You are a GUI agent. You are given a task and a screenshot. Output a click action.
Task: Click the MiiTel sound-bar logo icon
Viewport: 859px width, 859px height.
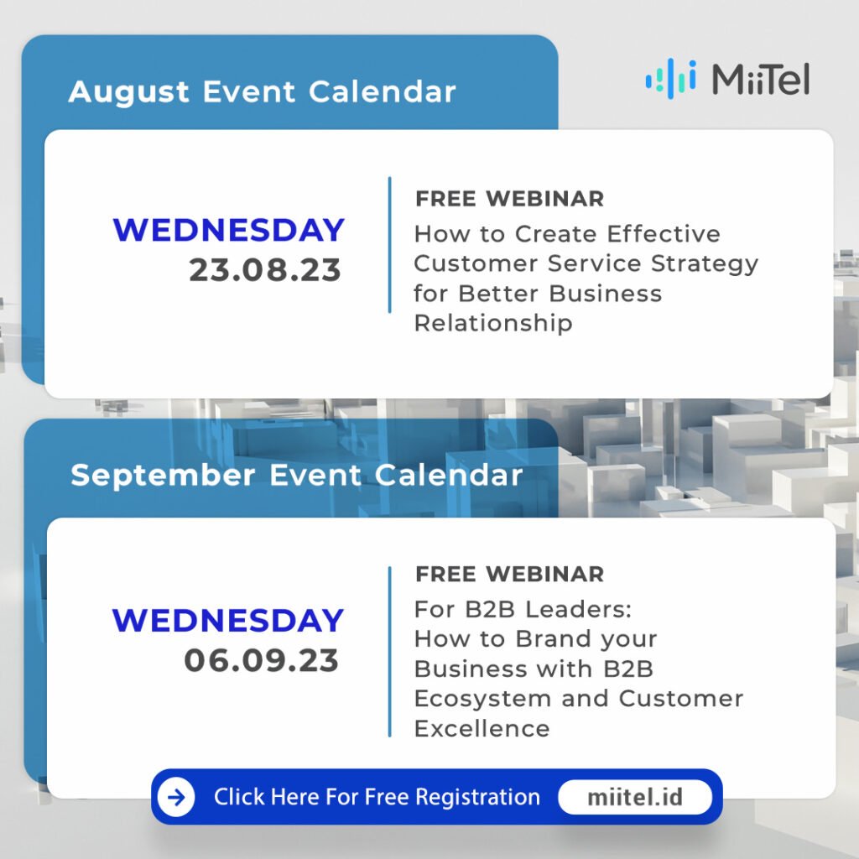(x=670, y=79)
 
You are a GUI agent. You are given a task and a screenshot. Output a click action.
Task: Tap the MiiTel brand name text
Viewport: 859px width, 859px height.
(x=760, y=79)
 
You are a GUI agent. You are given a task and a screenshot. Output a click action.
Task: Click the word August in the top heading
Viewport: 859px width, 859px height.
(x=128, y=92)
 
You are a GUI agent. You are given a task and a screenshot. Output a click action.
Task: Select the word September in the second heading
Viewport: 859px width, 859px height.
(x=163, y=476)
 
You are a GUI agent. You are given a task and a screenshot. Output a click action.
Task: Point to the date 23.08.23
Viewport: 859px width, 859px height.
(x=265, y=270)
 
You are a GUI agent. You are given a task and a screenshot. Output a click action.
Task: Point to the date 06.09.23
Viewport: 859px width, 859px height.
(x=262, y=660)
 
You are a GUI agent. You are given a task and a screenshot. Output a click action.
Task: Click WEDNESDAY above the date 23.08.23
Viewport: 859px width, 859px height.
(x=228, y=230)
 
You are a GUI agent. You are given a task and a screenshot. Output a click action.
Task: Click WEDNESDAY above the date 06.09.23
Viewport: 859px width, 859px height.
(x=228, y=620)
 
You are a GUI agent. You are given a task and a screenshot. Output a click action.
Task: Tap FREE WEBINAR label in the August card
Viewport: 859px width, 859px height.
(x=509, y=199)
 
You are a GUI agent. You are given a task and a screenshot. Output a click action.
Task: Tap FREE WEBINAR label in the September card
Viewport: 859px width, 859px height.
(x=509, y=574)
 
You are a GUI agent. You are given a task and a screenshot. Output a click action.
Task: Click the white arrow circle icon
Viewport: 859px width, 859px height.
(x=176, y=797)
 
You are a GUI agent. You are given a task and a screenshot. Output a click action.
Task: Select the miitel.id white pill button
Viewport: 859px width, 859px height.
(x=635, y=797)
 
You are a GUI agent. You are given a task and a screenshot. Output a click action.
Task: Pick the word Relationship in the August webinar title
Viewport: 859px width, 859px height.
(x=493, y=323)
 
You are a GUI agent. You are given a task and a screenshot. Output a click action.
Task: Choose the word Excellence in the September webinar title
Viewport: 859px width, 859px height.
(x=482, y=729)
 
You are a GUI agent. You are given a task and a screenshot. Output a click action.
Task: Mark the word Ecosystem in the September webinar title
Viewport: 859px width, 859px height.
(x=482, y=700)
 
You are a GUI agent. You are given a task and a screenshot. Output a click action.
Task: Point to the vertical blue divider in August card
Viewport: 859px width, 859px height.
(x=389, y=245)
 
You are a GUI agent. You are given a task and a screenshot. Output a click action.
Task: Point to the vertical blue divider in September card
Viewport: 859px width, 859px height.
(x=389, y=651)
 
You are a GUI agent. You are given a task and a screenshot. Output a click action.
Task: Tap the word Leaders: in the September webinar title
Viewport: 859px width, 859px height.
(x=570, y=609)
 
